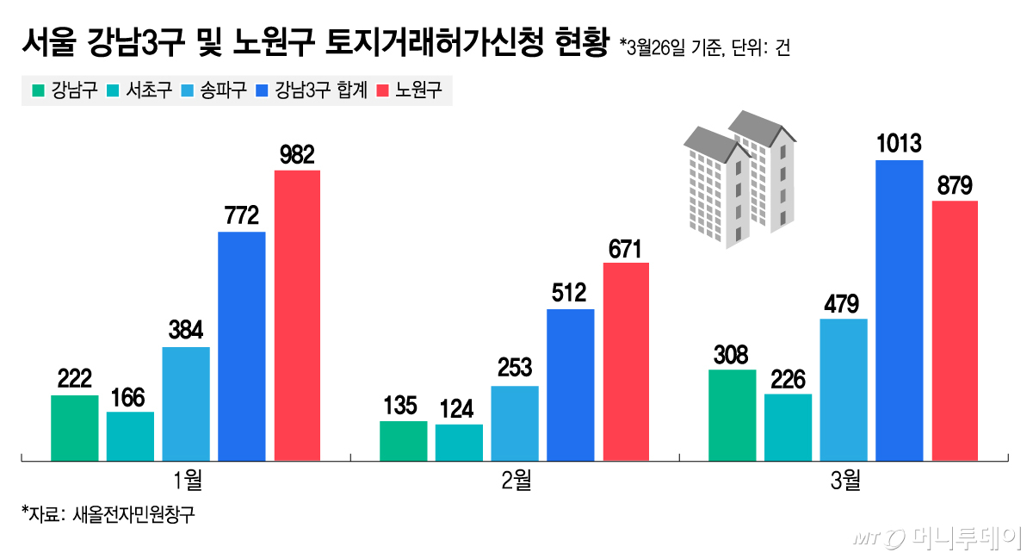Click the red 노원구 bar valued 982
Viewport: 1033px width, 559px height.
tap(297, 314)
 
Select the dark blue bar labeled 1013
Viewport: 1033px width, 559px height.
tap(899, 309)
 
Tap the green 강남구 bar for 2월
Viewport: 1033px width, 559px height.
tap(403, 439)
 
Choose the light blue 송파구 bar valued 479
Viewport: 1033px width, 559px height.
tap(844, 388)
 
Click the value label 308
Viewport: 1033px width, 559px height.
tap(732, 355)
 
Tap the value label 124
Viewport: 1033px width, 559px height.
tap(459, 409)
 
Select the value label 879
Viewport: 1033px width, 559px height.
tap(955, 185)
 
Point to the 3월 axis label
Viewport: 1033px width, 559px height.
tap(844, 481)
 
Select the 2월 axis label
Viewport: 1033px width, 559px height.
tap(516, 481)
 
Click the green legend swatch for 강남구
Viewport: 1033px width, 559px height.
tap(36, 90)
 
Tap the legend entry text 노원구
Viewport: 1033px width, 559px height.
tap(418, 90)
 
